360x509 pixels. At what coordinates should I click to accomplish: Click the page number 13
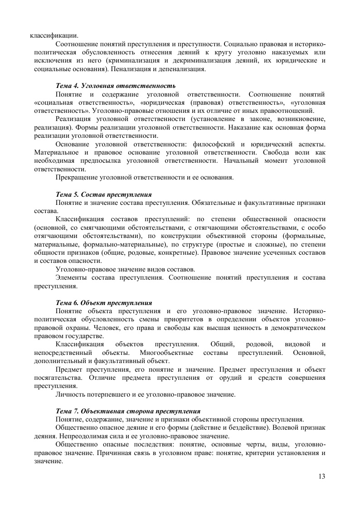[x=322, y=476]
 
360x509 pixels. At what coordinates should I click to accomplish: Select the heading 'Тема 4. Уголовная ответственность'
[x=115, y=85]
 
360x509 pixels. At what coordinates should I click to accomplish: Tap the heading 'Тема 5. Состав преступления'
[x=103, y=194]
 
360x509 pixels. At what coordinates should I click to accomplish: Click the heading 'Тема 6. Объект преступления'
[x=103, y=302]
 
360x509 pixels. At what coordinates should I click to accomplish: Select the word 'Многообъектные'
[x=167, y=352]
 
